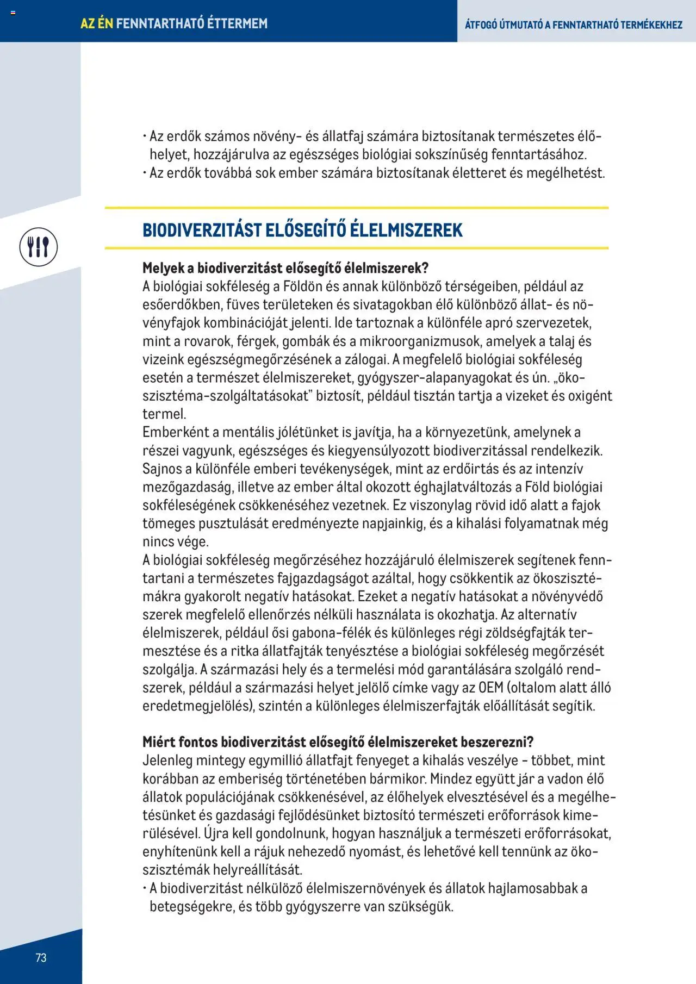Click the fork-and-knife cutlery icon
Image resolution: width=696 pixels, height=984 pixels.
pyautogui.click(x=38, y=247)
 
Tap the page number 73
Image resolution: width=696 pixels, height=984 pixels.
pyautogui.click(x=41, y=958)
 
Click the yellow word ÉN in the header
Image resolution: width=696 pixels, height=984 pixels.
pyautogui.click(x=105, y=23)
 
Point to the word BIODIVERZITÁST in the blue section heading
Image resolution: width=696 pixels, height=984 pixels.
pyautogui.click(x=202, y=230)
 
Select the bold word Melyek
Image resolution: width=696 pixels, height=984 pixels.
pyautogui.click(x=162, y=268)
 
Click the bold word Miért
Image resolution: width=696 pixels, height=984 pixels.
pyautogui.click(x=158, y=742)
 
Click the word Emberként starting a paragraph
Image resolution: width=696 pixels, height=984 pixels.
pyautogui.click(x=172, y=432)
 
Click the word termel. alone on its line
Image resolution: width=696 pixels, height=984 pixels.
pyautogui.click(x=164, y=414)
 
